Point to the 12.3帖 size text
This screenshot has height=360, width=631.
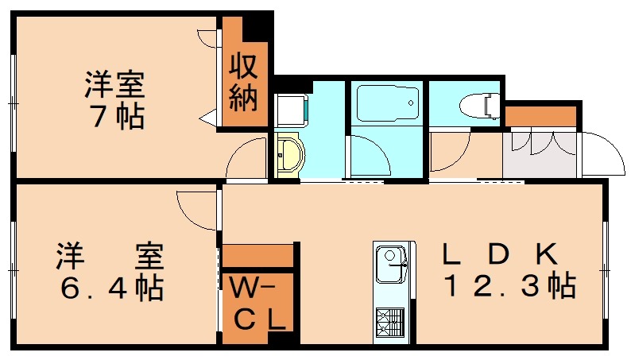pyautogui.click(x=509, y=286)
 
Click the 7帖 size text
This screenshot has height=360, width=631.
pyautogui.click(x=115, y=118)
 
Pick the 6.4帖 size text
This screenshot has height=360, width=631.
pyautogui.click(x=111, y=288)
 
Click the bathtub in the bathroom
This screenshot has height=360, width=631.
pyautogui.click(x=387, y=103)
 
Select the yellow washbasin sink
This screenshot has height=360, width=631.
pyautogui.click(x=290, y=153)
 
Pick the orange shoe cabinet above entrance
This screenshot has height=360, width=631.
pyautogui.click(x=540, y=116)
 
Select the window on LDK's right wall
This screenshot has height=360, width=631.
pyautogui.click(x=607, y=262)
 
